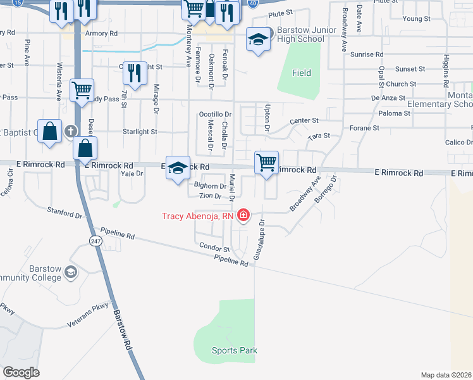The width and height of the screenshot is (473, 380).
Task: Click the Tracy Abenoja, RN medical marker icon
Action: coord(243,217)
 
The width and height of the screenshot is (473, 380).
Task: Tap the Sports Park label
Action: coord(235,350)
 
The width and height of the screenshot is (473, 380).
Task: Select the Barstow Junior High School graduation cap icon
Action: coord(257,40)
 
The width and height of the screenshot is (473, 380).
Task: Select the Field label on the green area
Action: coord(302,73)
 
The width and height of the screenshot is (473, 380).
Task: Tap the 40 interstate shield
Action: coord(252,3)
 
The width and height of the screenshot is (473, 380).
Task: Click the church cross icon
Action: coord(71,131)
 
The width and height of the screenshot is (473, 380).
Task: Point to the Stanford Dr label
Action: coord(65,211)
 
